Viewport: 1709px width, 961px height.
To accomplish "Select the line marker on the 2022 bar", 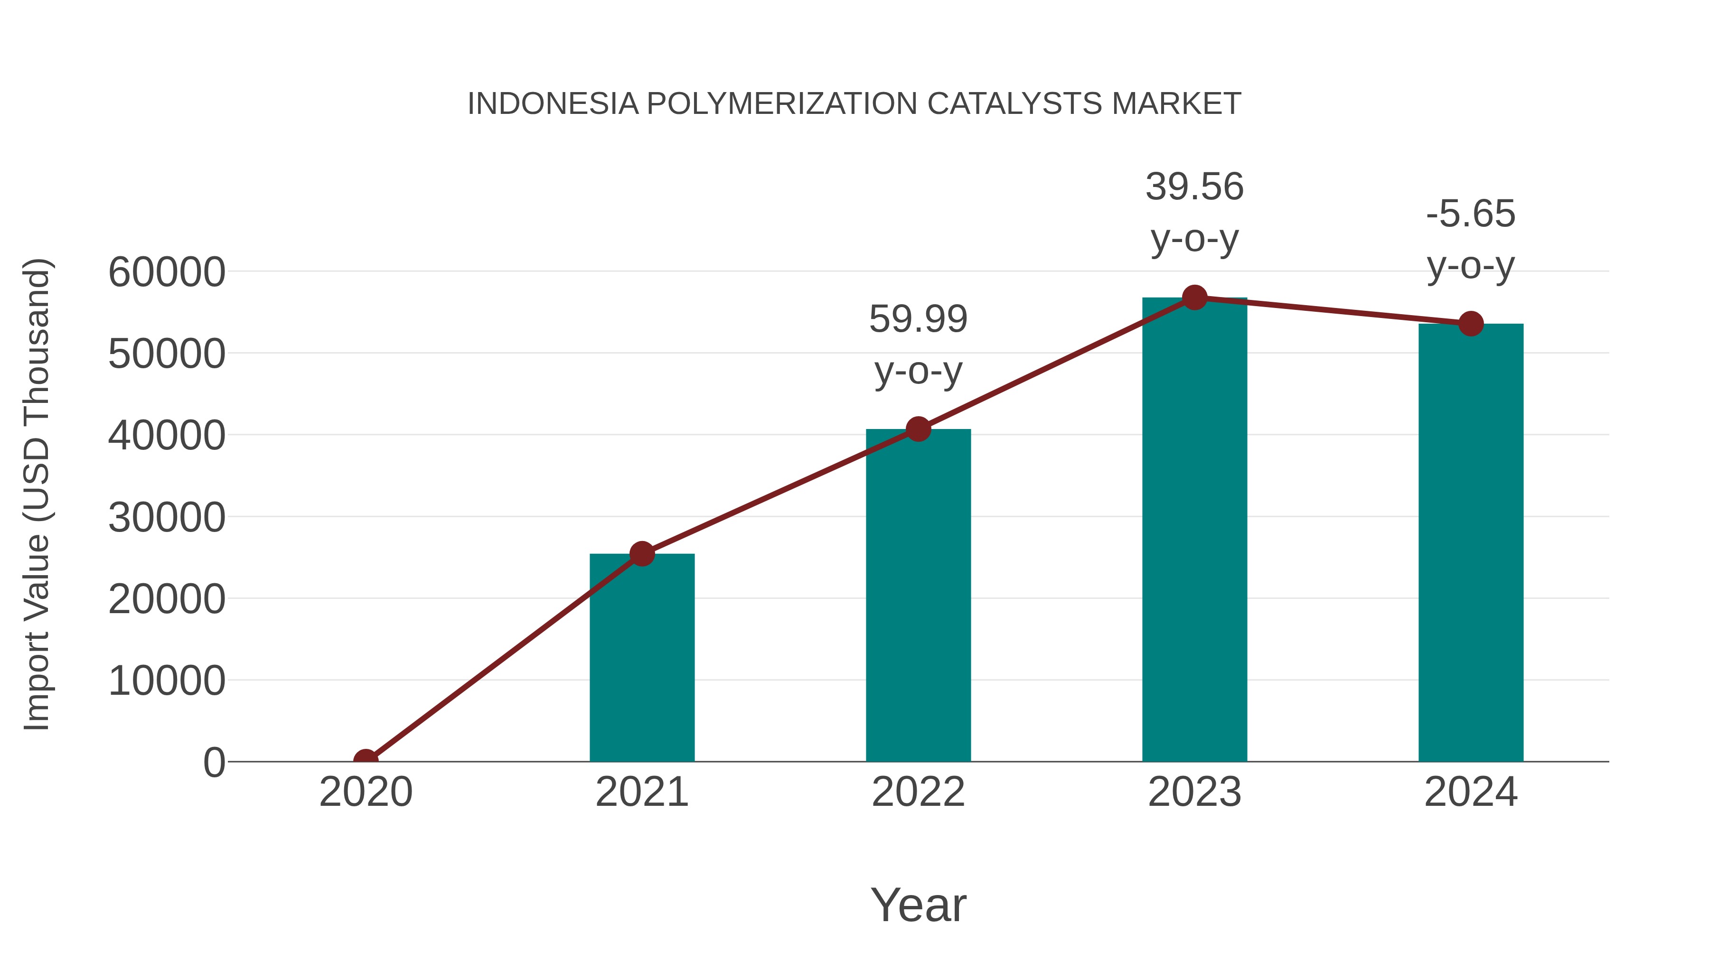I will coord(918,429).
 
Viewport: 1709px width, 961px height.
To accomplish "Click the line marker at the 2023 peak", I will coord(1194,298).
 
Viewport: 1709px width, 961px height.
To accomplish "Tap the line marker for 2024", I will coord(1471,324).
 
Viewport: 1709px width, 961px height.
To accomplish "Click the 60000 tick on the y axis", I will coord(167,272).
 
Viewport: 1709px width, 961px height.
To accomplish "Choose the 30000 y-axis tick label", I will coord(167,517).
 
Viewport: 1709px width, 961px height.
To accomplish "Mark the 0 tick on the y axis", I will coord(214,762).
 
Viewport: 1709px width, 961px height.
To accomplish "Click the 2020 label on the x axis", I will coord(366,792).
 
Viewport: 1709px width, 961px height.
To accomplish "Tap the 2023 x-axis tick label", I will coord(1194,792).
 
